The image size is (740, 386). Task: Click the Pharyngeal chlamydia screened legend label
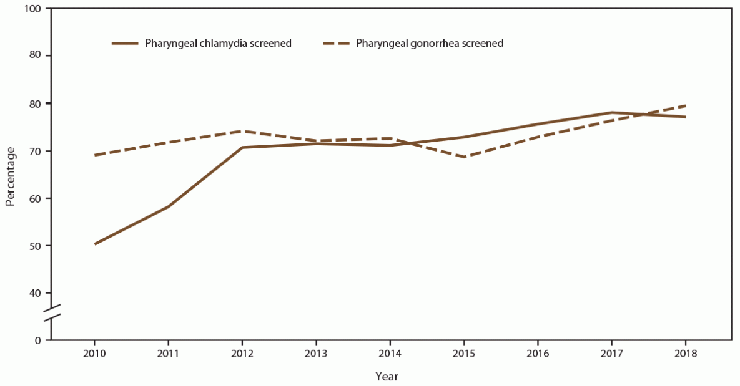click(219, 44)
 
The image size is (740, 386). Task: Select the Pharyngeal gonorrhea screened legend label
click(430, 44)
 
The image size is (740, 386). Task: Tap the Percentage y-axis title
click(10, 175)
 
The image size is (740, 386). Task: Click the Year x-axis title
click(387, 377)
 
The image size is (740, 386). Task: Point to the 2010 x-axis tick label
click(94, 352)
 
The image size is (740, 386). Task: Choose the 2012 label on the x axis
click(242, 352)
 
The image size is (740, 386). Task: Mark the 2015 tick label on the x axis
click(464, 352)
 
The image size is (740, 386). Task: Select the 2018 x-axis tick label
click(686, 352)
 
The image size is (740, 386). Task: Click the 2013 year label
click(316, 352)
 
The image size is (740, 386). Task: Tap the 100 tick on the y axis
click(33, 9)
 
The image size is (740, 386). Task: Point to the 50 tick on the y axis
click(36, 246)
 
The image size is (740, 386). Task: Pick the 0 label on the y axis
click(38, 340)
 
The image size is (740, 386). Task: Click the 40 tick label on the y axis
click(36, 293)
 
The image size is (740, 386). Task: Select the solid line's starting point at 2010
click(94, 244)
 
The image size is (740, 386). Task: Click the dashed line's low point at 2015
click(464, 157)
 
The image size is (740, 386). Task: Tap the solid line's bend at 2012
click(242, 147)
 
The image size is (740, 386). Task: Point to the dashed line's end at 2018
click(686, 105)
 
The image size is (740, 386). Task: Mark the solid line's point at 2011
click(168, 206)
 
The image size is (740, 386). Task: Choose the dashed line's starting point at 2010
click(94, 155)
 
